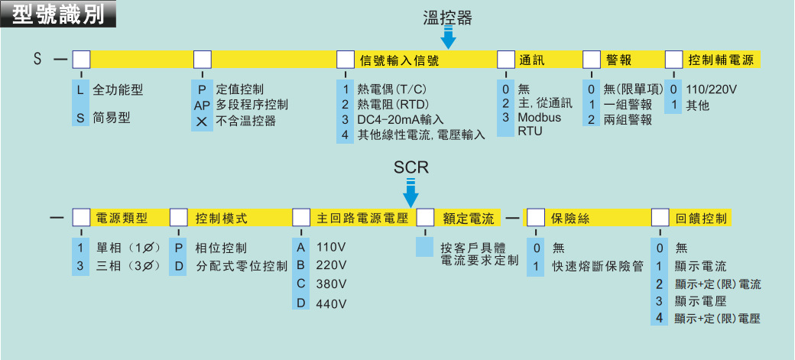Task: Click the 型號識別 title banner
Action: click(59, 15)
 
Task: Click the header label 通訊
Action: click(532, 60)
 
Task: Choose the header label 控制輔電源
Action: click(721, 60)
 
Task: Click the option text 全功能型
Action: click(118, 89)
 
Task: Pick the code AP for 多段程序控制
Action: click(201, 105)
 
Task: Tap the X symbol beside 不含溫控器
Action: click(201, 121)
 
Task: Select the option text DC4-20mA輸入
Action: click(400, 120)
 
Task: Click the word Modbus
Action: click(539, 117)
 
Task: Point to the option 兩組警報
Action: click(628, 120)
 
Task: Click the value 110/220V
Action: click(712, 89)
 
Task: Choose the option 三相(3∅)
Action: click(127, 265)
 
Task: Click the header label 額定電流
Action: click(469, 219)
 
